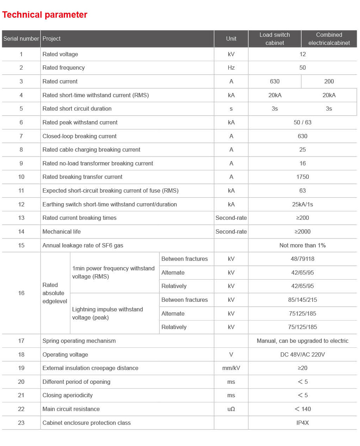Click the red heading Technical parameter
coord(45,15)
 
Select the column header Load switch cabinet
coord(275,39)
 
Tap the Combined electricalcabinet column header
coord(329,39)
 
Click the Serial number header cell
coord(21,39)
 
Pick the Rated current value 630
coord(275,82)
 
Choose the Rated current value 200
coord(329,82)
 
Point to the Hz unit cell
coord(231,68)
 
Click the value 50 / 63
coord(302,123)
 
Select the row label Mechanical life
coord(61,232)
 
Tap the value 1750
coord(302,177)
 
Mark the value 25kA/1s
coord(302,205)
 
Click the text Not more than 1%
coord(302,246)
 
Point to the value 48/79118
coord(302,259)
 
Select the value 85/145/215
coord(302,300)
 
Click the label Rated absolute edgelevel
coord(55,293)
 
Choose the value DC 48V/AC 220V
coord(302,355)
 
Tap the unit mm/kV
coord(231,368)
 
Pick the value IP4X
coord(302,423)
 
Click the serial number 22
coord(21,409)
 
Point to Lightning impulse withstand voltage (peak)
coord(107,313)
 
